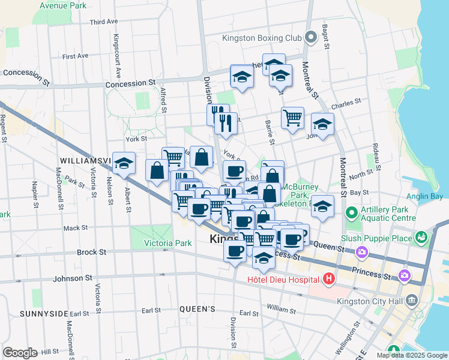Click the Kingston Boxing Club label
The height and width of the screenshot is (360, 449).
click(261, 38)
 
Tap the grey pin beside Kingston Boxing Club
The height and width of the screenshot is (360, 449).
click(311, 38)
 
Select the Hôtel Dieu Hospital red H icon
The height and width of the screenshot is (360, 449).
click(328, 278)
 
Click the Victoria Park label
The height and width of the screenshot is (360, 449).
click(168, 243)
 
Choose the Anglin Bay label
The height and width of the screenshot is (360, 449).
click(429, 196)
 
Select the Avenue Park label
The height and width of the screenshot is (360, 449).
click(63, 5)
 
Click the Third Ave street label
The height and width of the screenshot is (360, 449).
click(103, 22)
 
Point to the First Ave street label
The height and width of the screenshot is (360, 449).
click(75, 56)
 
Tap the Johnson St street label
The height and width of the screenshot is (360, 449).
click(71, 278)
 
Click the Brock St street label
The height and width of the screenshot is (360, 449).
click(91, 253)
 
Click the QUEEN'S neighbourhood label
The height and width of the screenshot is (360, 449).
click(197, 309)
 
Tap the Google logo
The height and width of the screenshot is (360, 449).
click(20, 352)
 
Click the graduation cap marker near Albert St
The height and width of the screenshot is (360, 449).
click(124, 164)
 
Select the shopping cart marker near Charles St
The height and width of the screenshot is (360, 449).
click(292, 118)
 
